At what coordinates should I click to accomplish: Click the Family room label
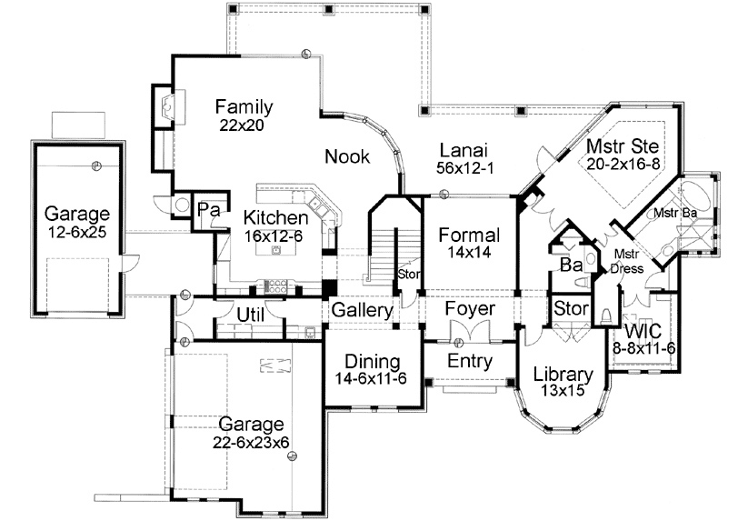[244, 107]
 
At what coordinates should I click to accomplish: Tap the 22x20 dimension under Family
[241, 125]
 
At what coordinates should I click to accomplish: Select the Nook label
[347, 157]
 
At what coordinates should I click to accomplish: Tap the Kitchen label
[274, 218]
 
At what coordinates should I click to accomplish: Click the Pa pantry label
[205, 210]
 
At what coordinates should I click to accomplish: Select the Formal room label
[468, 235]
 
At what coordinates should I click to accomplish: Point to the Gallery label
[362, 310]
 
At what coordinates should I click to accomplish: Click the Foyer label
[469, 310]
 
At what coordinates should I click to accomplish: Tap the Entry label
[469, 362]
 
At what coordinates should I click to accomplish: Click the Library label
[563, 374]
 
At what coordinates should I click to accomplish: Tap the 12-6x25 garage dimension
[77, 233]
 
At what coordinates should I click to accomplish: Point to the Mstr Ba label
[675, 213]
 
